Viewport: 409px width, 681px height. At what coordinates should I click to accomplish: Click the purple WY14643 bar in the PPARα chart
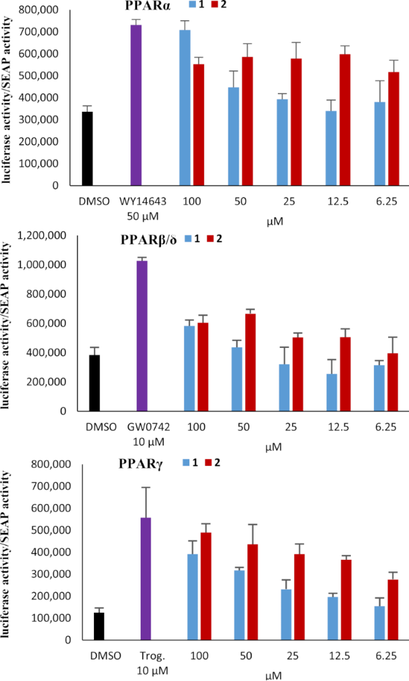tap(135, 105)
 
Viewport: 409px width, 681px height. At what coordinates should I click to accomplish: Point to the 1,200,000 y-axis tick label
tap(49, 236)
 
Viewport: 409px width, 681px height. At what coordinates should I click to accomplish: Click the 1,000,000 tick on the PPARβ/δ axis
tap(49, 265)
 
